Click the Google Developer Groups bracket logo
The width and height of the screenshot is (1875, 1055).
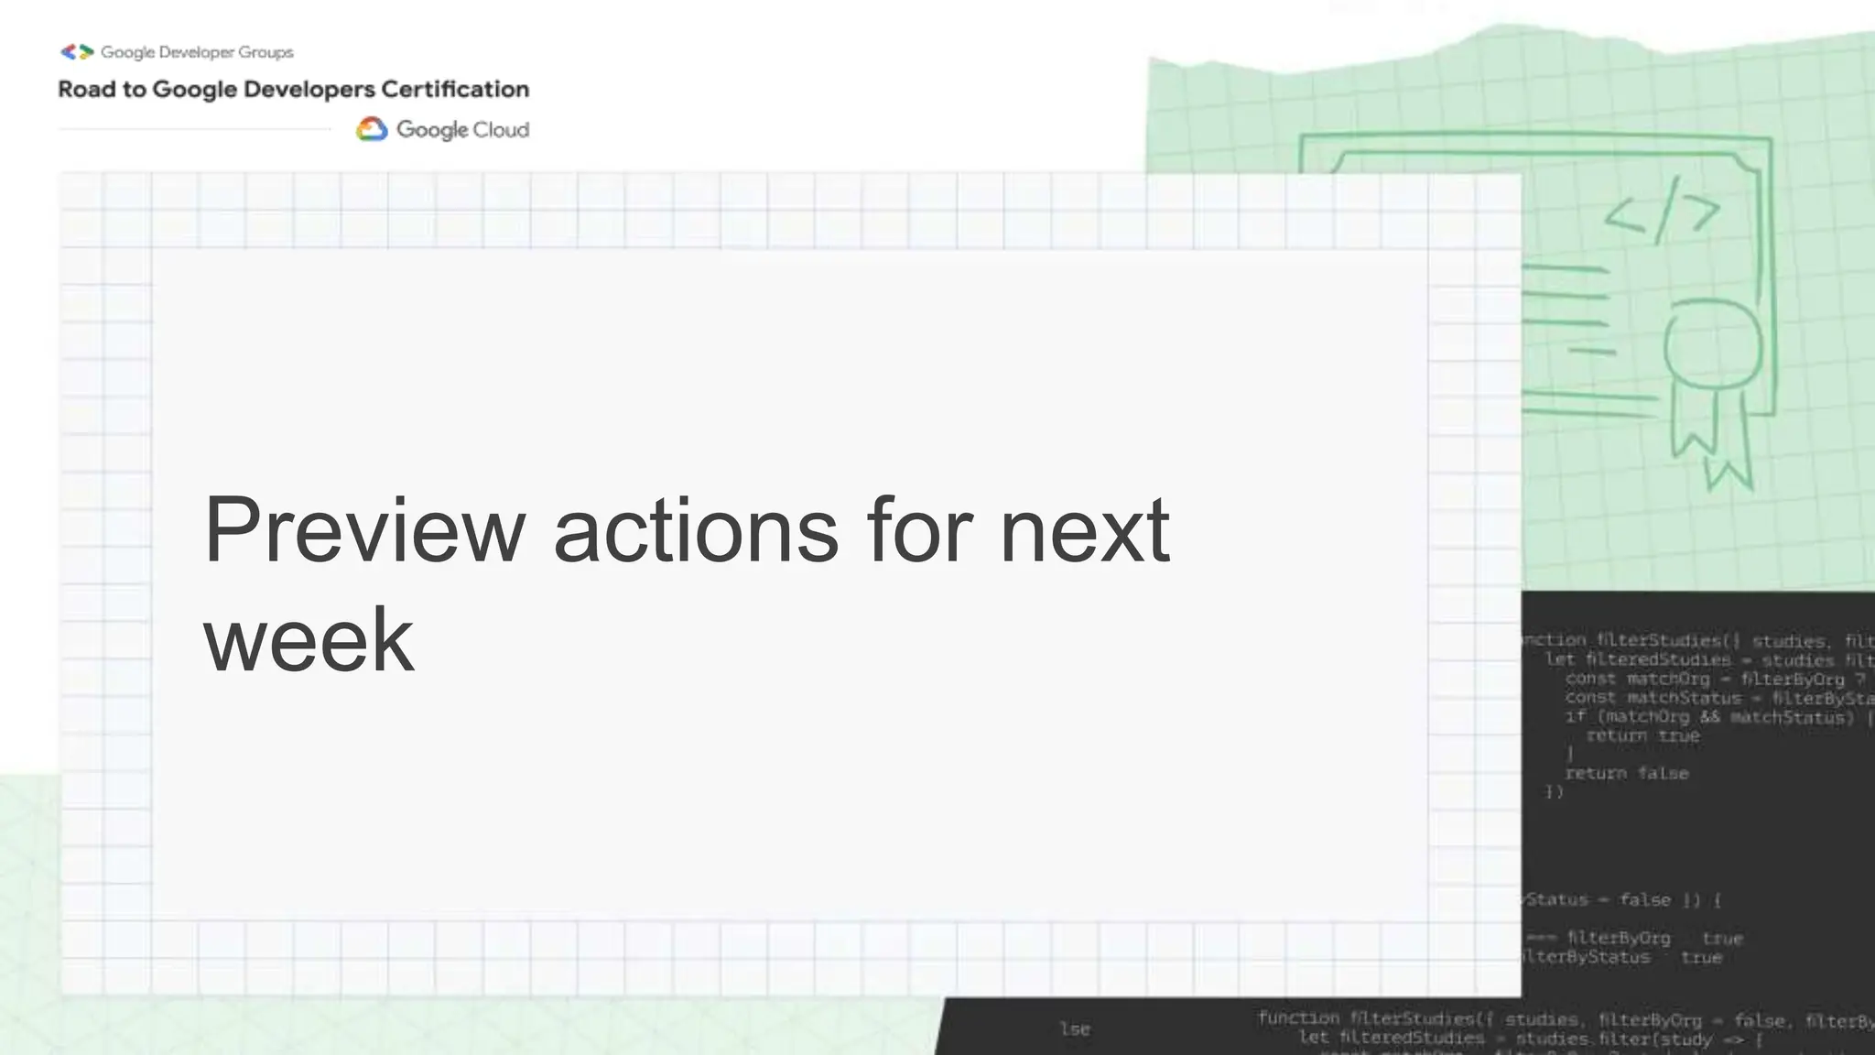[77, 52]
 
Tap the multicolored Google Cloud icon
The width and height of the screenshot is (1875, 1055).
[372, 129]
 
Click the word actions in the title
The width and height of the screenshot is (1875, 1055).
[696, 530]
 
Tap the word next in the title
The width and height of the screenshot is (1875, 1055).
[1084, 530]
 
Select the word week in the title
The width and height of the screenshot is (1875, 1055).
[309, 639]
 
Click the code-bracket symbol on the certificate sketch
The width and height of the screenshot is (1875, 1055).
[1662, 212]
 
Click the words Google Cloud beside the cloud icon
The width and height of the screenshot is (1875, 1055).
[462, 130]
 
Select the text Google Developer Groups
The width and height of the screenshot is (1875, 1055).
[197, 52]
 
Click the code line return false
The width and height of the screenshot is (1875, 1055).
[1626, 774]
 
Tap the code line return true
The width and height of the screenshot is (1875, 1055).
[1642, 736]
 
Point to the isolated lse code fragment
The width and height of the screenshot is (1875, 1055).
[1075, 1029]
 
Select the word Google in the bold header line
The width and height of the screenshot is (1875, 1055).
[194, 90]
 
